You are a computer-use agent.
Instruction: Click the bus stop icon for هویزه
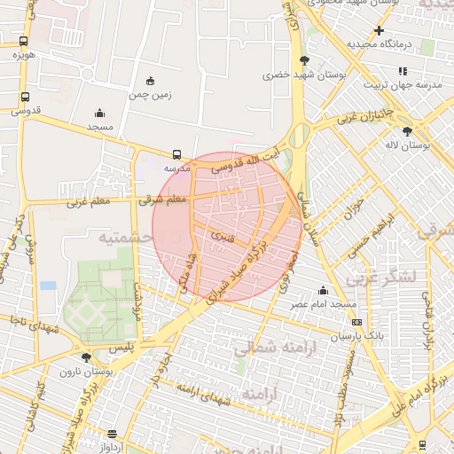click(23, 41)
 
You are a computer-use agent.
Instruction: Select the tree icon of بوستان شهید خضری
click(305, 60)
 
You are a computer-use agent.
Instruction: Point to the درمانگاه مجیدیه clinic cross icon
click(379, 31)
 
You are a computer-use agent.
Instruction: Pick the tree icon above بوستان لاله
click(407, 130)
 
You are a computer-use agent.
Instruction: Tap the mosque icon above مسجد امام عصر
click(323, 290)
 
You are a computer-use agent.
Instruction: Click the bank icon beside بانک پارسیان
click(356, 322)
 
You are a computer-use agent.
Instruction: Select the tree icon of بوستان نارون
click(86, 357)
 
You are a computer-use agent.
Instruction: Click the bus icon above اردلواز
click(112, 434)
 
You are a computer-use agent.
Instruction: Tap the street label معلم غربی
click(89, 202)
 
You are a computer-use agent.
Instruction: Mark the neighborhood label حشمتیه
click(121, 238)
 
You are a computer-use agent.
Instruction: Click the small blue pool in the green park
click(48, 286)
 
